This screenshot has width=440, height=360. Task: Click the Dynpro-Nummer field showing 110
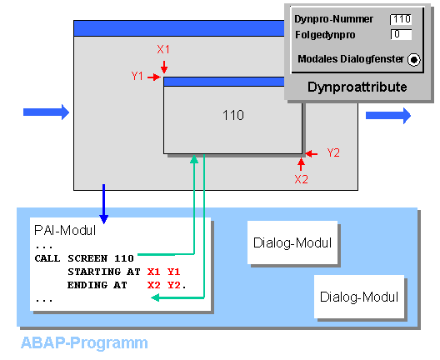tap(401, 19)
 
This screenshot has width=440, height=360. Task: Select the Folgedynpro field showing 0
tap(401, 34)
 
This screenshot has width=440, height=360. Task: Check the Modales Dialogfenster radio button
tap(414, 59)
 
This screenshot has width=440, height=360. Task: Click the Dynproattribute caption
tap(357, 87)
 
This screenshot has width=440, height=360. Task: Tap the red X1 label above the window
tap(163, 49)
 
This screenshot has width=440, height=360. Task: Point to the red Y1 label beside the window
tap(137, 76)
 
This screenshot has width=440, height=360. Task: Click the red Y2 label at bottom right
tap(333, 153)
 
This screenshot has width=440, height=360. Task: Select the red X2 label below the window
tap(301, 179)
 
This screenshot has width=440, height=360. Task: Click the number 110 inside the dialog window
tap(233, 115)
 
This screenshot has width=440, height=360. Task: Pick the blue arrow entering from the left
tap(46, 112)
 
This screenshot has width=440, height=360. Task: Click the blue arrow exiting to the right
tap(388, 115)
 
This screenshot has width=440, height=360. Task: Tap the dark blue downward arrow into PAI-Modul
tap(104, 204)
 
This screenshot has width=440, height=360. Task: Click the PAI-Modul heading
tap(65, 230)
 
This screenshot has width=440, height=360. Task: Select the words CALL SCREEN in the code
tap(71, 258)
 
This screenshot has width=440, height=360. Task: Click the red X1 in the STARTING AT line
tap(153, 272)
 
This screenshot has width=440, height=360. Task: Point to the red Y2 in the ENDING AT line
tap(174, 285)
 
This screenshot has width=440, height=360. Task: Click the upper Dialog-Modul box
tap(292, 242)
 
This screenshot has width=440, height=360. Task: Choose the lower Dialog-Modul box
tap(359, 297)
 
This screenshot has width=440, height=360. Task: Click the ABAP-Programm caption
tap(84, 342)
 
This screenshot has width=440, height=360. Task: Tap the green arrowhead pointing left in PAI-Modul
tap(155, 297)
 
